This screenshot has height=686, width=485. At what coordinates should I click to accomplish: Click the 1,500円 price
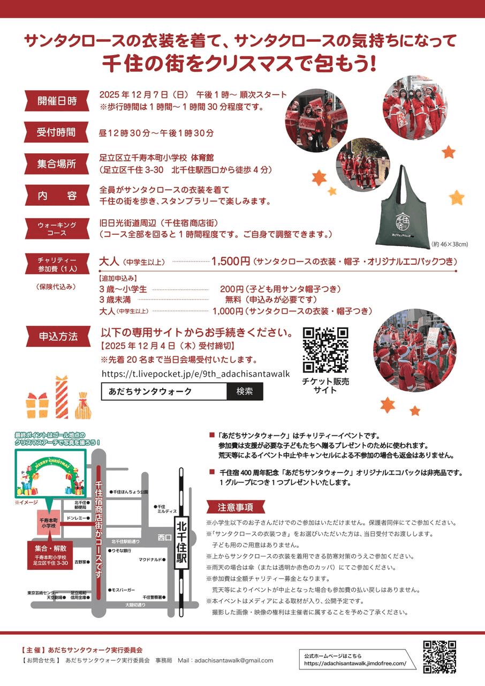tap(231, 262)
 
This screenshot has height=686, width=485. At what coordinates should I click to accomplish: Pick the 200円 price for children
tap(232, 289)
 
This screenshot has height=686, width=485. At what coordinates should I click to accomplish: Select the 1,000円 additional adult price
tap(230, 311)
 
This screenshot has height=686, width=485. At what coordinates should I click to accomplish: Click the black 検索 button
tap(245, 391)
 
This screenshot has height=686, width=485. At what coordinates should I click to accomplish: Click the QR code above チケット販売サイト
tap(325, 350)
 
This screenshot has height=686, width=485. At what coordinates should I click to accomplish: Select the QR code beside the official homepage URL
tap(439, 657)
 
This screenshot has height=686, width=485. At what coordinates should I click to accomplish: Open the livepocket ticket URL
tap(195, 374)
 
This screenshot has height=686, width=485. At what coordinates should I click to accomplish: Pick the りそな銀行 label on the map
tap(122, 550)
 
